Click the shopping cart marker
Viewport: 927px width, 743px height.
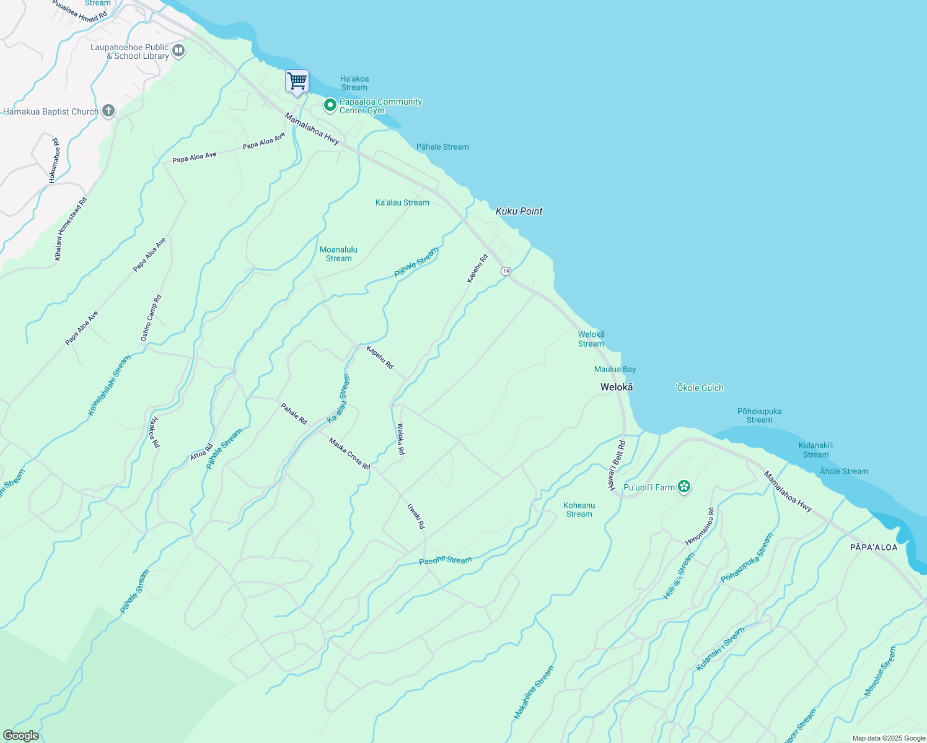coord(297,81)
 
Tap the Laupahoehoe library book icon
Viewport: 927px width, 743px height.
coord(178,51)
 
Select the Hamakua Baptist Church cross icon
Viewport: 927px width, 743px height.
coord(108,111)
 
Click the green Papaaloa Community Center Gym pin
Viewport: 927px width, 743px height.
coord(330,106)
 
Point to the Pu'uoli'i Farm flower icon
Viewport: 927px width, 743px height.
coord(684,487)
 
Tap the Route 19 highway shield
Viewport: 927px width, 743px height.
coord(506,271)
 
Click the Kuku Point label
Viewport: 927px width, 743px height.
coord(519,211)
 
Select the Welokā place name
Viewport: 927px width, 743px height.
coord(617,387)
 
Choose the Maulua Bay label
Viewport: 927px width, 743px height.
coord(615,369)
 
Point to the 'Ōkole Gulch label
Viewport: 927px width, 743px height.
coord(699,388)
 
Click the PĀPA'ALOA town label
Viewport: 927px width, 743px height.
coord(874,547)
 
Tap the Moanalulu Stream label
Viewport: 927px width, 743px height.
coord(338,254)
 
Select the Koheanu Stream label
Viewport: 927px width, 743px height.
coord(579,510)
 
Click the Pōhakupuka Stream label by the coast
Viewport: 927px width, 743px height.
coord(759,415)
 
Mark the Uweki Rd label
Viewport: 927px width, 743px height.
coord(416,516)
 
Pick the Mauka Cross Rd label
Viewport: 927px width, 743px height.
coord(349,453)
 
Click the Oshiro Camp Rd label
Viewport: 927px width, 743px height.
coord(151,318)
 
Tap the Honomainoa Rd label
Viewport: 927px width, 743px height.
coord(700,526)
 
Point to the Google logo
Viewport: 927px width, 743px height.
coord(20,736)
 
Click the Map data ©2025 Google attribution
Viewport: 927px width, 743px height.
coord(889,738)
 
